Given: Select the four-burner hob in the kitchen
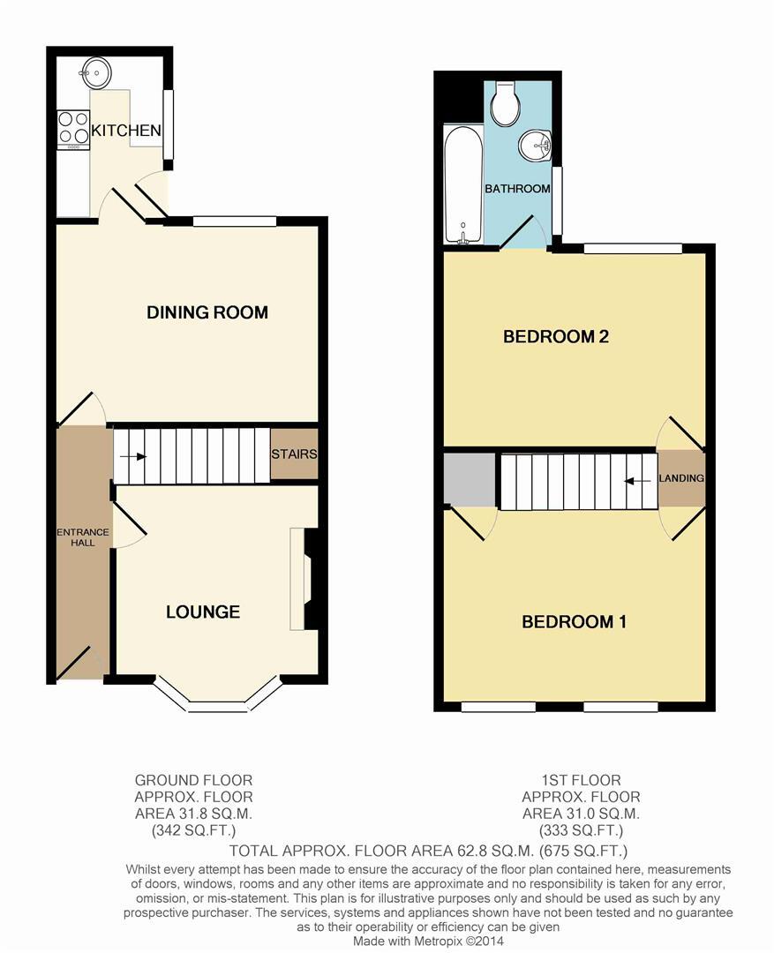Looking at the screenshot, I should [x=73, y=128].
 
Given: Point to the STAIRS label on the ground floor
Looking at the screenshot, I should [x=294, y=454].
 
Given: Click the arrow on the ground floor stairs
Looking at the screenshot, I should [x=133, y=456].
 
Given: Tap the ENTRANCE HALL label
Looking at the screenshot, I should [x=83, y=537].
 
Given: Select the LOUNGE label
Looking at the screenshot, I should [x=203, y=612].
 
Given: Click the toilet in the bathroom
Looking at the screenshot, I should [x=504, y=106].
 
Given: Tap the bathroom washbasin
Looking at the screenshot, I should [x=535, y=146].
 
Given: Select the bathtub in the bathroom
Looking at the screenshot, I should [x=462, y=185].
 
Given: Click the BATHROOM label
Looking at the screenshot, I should [x=517, y=189].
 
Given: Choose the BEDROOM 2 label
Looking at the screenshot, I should [x=556, y=336].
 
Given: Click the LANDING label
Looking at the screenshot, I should [x=681, y=478].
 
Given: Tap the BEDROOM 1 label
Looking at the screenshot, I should [x=574, y=622].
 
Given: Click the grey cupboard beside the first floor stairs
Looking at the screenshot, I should [x=470, y=480].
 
